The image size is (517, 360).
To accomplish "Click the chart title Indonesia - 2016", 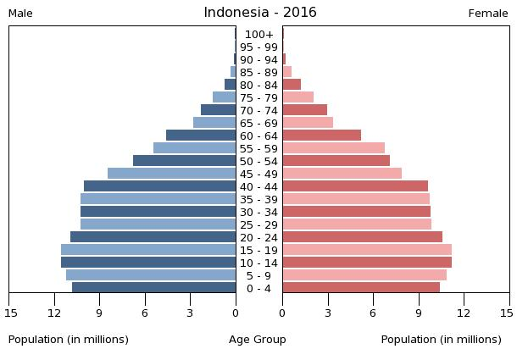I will (259, 13).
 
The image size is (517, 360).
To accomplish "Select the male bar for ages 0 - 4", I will (154, 288).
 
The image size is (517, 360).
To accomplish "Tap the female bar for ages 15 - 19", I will (367, 250).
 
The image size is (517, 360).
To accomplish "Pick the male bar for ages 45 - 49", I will (172, 174).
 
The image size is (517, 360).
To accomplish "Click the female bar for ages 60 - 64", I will (322, 136).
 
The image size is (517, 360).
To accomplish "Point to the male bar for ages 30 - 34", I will (158, 212).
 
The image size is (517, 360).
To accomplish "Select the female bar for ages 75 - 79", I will (298, 97).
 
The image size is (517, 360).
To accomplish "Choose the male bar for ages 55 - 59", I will (195, 148).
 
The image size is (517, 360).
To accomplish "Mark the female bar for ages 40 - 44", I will (355, 186).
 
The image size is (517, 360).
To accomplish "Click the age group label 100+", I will (259, 35).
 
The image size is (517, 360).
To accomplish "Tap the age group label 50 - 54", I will (259, 162).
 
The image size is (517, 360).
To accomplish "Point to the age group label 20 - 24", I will (259, 238).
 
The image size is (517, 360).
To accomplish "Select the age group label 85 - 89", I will (259, 73).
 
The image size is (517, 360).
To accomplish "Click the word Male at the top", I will (20, 14).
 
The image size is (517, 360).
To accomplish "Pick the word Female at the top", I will (488, 14).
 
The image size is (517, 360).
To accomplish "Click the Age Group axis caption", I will (258, 340).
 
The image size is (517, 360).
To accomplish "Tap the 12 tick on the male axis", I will (55, 313).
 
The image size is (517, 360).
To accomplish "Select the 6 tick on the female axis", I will (373, 313).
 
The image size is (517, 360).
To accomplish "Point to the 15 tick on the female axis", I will (507, 313).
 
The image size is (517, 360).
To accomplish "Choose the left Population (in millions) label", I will (69, 340).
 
